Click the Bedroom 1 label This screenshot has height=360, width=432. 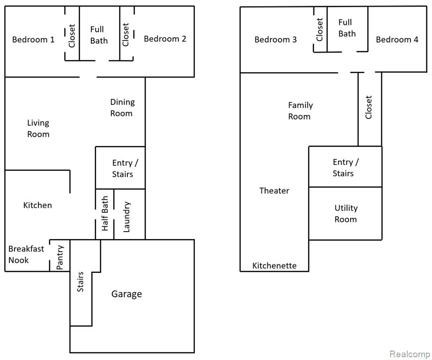pos(33,40)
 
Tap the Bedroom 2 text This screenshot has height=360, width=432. pos(165,39)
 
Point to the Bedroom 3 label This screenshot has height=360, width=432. pos(276,40)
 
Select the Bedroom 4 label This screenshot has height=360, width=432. pos(397,40)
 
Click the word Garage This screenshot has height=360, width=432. pos(127,294)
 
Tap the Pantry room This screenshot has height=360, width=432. pos(60,255)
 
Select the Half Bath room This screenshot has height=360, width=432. pos(104,214)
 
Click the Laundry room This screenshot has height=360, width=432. pos(129,214)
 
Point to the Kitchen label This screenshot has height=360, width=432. pos(37,205)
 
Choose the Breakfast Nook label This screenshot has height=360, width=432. pos(26,255)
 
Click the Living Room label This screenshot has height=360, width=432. pos(38,128)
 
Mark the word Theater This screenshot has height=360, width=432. pos(274,191)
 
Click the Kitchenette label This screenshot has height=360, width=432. pos(275,266)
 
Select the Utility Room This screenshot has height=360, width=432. pos(345,214)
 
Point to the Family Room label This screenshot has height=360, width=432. pos(300,111)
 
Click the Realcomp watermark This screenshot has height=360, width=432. pos(410,354)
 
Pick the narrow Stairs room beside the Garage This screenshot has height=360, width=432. pos(81,283)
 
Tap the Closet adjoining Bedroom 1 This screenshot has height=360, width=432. pos(72,34)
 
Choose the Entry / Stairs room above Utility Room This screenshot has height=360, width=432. pos(345,167)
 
